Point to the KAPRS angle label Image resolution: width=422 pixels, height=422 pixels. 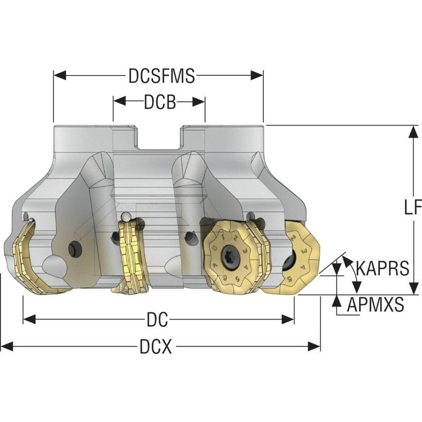coord(382,268)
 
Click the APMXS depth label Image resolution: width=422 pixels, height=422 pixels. coord(376,304)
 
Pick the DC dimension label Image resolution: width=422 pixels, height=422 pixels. coord(158,320)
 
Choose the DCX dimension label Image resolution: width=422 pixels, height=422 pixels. coord(158,347)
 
